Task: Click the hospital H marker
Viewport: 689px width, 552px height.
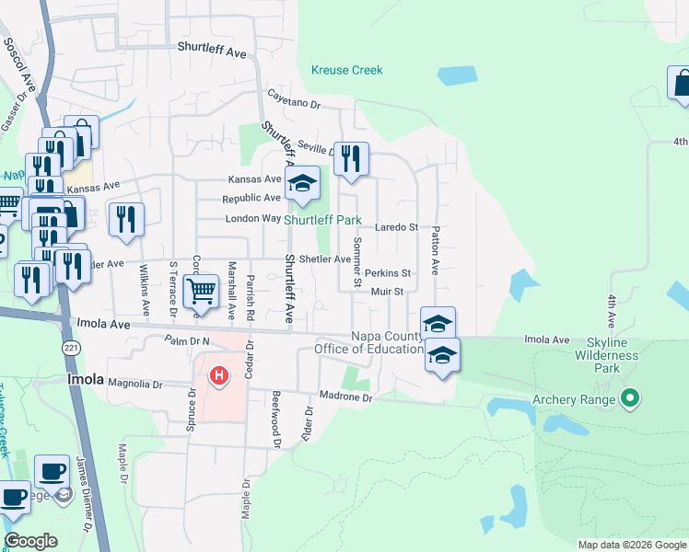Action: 219,375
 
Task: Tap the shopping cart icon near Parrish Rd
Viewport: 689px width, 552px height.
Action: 200,292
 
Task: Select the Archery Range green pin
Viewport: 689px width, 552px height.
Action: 630,398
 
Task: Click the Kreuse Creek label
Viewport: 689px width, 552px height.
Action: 346,70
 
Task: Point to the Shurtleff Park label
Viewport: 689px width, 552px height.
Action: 321,221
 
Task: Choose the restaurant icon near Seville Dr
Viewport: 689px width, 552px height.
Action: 350,159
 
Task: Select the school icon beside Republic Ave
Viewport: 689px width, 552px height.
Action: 301,183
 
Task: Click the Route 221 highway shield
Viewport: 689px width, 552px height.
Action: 71,347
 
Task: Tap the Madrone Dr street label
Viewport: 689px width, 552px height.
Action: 346,397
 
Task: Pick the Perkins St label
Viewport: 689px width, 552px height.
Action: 387,273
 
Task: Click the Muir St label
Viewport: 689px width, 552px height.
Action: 387,292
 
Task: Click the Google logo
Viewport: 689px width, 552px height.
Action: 29,541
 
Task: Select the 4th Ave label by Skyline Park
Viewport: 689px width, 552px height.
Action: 611,312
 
